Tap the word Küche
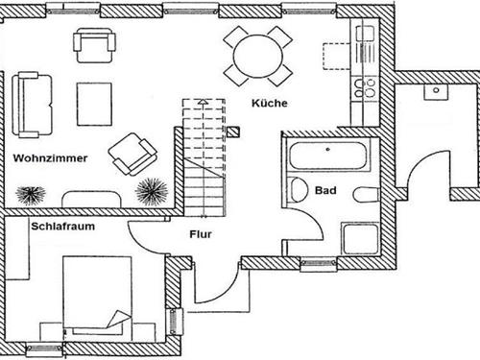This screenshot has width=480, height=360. pos(270,104)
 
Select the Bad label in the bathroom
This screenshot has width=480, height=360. pos(325,191)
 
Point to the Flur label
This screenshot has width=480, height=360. pos(201,233)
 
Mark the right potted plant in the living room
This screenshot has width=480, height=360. pos(151,190)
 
